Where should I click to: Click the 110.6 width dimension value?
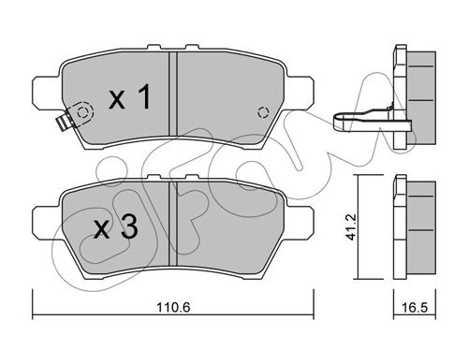(x=173, y=308)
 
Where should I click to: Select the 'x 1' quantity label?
(x=130, y=96)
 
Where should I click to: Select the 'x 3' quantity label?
(x=116, y=227)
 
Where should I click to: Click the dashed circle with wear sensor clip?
(x=83, y=112)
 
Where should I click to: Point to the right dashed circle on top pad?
(x=263, y=112)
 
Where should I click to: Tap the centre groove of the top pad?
(x=173, y=94)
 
